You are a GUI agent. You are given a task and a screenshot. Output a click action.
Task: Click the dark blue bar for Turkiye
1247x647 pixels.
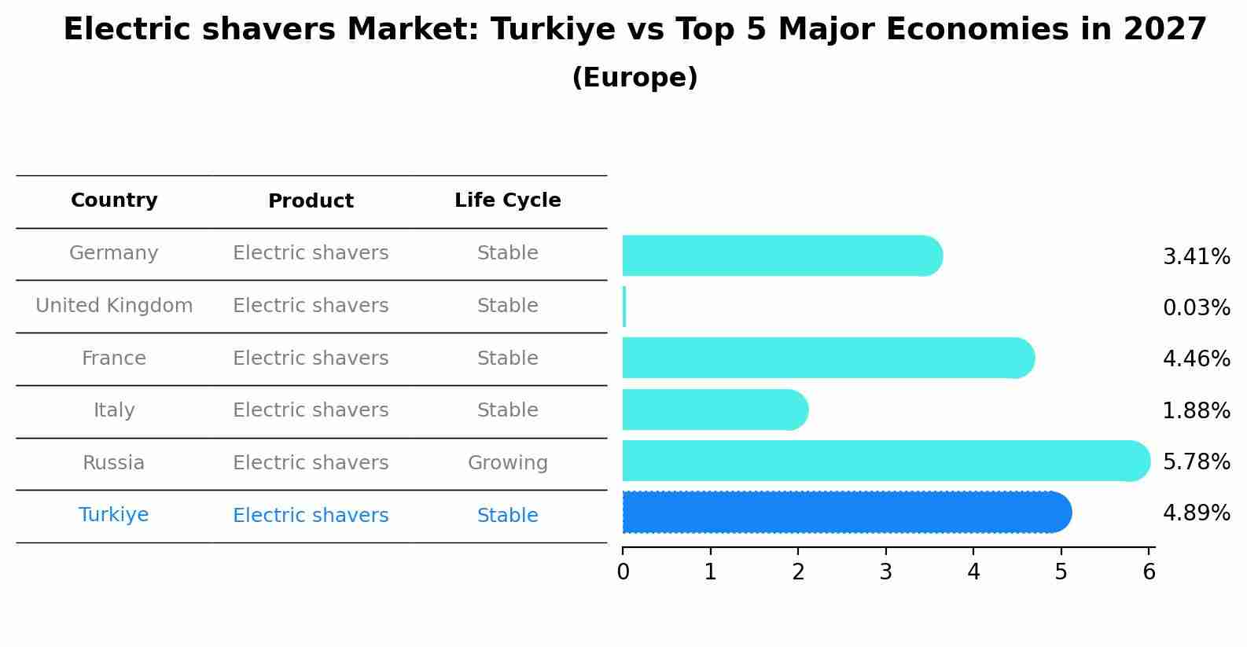click(845, 513)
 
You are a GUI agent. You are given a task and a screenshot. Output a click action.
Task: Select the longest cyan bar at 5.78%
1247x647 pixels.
click(885, 461)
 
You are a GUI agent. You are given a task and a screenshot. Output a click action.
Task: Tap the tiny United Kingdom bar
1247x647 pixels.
click(624, 307)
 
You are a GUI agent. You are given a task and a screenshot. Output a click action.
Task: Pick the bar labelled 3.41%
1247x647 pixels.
click(782, 255)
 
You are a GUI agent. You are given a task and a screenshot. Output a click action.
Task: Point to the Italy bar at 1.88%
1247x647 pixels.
click(714, 410)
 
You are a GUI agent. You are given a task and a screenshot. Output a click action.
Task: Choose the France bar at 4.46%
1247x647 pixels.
click(827, 358)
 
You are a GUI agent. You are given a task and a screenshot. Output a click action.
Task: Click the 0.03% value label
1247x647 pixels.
click(1196, 308)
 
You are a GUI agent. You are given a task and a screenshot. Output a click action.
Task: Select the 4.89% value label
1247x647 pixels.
click(1196, 513)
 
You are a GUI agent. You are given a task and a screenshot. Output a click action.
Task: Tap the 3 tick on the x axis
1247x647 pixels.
click(886, 572)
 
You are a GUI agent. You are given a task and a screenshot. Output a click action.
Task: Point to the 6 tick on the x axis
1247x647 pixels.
click(1149, 572)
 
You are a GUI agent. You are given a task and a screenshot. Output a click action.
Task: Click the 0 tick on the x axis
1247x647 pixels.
click(623, 572)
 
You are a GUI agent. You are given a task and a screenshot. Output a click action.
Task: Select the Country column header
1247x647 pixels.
click(114, 200)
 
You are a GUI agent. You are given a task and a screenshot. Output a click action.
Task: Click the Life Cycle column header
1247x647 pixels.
click(507, 200)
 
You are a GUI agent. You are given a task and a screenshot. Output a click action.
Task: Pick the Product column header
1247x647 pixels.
click(311, 201)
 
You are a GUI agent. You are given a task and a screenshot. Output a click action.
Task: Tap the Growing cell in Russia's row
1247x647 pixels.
click(507, 463)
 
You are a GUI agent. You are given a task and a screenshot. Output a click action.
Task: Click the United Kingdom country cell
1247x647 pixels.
click(114, 306)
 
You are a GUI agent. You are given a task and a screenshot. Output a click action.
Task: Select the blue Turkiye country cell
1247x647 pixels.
click(114, 515)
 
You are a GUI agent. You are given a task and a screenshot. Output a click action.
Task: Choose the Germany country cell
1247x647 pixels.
click(114, 253)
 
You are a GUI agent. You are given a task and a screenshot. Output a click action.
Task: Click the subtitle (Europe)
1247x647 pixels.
click(635, 78)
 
